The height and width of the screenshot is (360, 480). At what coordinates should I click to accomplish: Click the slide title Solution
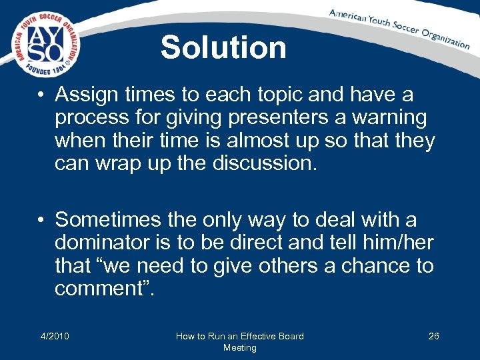(223, 47)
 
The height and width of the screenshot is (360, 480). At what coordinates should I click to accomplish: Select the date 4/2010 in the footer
(55, 336)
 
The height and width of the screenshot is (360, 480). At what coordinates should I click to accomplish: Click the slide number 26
(433, 336)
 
